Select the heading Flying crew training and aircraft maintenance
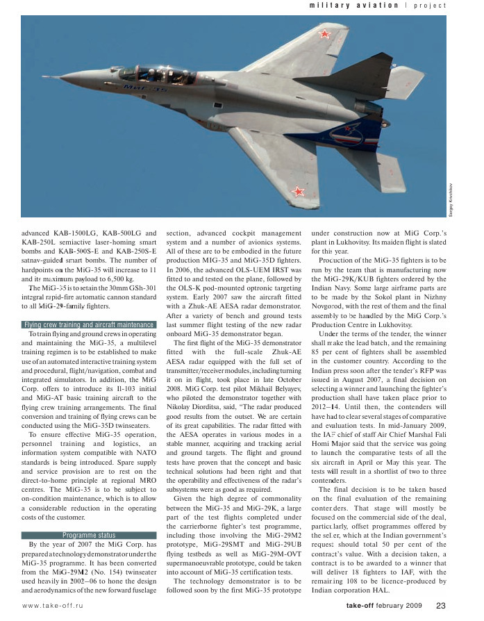(x=87, y=324)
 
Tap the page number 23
(x=440, y=606)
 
